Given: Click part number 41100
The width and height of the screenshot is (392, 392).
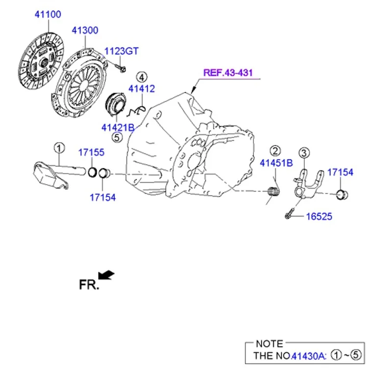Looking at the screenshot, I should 48,14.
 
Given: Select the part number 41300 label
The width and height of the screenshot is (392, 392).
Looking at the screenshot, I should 85,30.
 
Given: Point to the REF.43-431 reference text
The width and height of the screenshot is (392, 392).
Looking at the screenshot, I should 228,73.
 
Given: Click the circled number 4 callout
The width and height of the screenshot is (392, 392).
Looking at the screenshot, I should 141,77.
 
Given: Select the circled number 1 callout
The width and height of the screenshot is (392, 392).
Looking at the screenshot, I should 59,147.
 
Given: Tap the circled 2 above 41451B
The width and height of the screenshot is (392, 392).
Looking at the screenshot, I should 275,151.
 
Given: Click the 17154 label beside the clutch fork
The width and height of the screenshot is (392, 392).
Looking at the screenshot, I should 340,172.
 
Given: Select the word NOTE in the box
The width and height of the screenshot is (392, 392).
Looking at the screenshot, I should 269,344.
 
